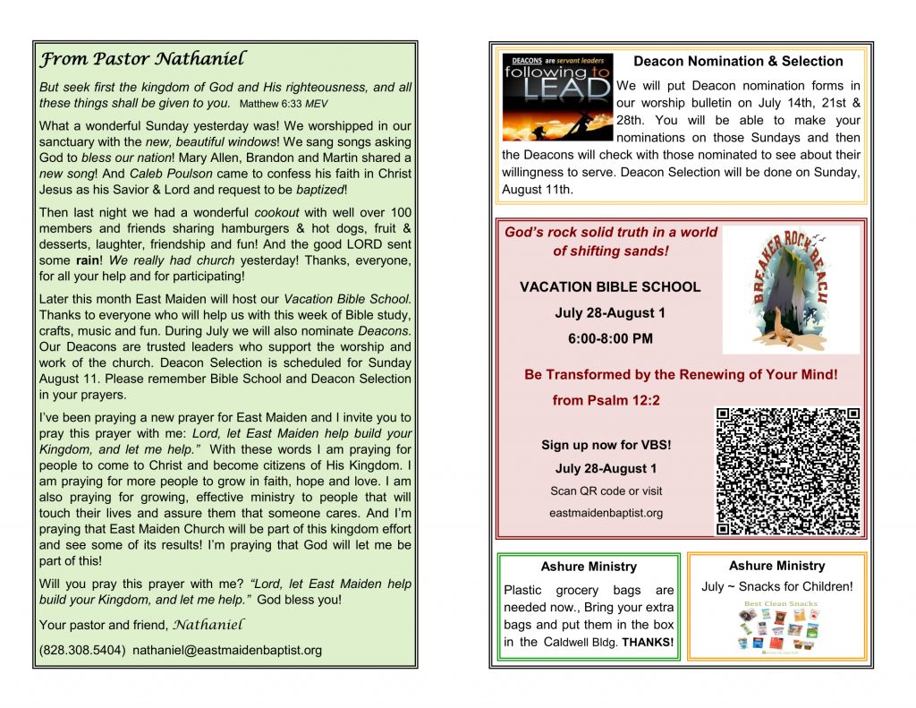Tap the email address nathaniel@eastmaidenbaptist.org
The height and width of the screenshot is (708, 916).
(227, 650)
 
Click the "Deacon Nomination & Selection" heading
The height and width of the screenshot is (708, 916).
(738, 62)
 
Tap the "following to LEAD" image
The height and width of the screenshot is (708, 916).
(557, 97)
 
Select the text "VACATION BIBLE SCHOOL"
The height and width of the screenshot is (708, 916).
(610, 287)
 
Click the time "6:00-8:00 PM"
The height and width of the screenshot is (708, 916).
(610, 338)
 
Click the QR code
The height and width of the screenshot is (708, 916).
(788, 471)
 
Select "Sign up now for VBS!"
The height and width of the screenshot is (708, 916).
(606, 445)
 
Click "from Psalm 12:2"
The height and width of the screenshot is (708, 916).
(606, 400)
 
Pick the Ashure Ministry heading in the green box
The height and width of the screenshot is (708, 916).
(589, 567)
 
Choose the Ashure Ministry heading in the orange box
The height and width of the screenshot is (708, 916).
(776, 566)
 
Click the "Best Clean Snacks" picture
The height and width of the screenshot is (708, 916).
(777, 630)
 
